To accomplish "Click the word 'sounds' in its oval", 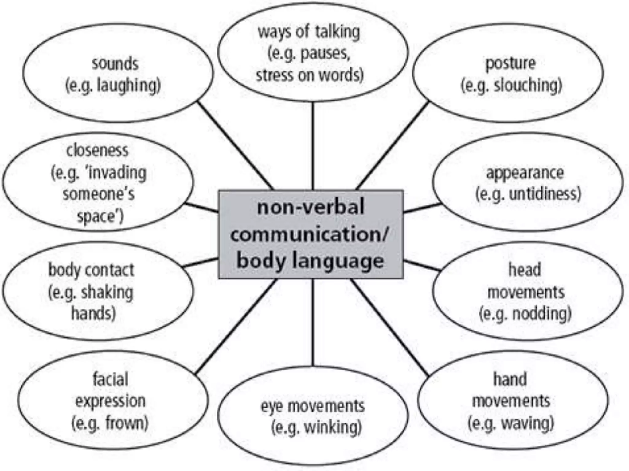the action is [x=115, y=64].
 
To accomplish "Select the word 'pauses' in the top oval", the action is [x=325, y=54].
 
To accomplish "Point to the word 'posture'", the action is [x=510, y=64].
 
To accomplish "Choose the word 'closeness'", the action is [x=97, y=150].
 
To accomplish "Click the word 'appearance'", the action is [x=525, y=173].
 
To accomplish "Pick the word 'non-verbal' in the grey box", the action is [x=311, y=207].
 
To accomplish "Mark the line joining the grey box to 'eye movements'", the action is [x=313, y=322].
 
